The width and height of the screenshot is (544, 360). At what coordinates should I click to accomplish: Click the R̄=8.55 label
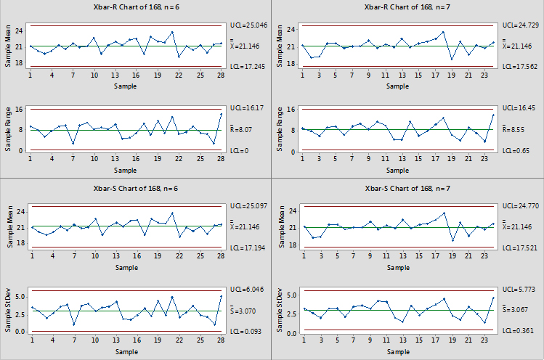516,129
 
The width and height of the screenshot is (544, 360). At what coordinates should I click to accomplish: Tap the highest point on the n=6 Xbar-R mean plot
172,32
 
